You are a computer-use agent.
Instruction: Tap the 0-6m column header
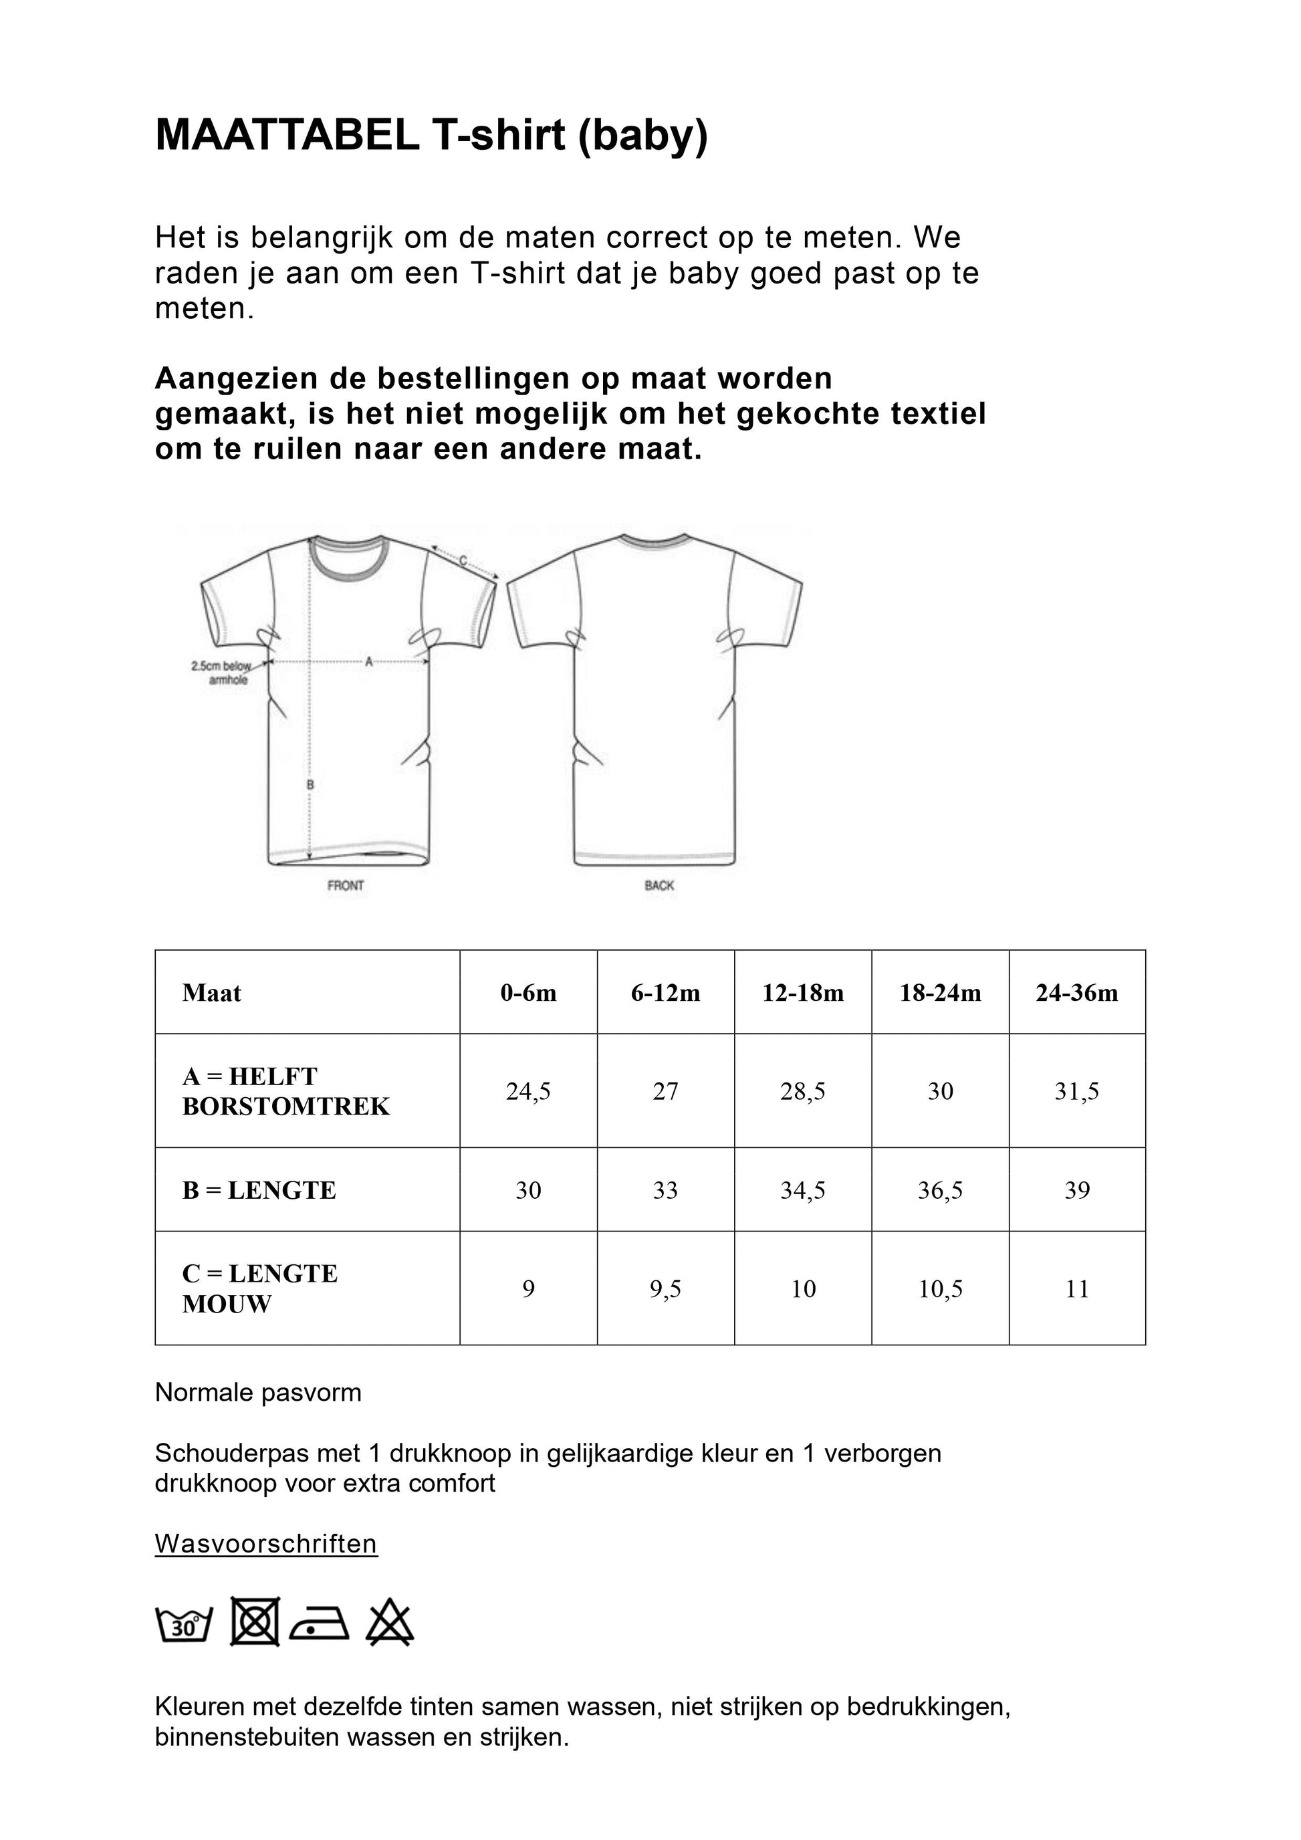click(528, 993)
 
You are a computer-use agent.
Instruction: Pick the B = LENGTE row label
click(259, 1190)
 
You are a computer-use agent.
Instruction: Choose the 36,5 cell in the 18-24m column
click(940, 1190)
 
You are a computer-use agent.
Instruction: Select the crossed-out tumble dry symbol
click(255, 1621)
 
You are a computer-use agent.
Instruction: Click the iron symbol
click(320, 1625)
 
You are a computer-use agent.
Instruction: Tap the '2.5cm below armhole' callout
click(222, 673)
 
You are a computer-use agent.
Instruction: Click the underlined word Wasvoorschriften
click(266, 1544)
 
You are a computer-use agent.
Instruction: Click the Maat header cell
click(211, 993)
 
